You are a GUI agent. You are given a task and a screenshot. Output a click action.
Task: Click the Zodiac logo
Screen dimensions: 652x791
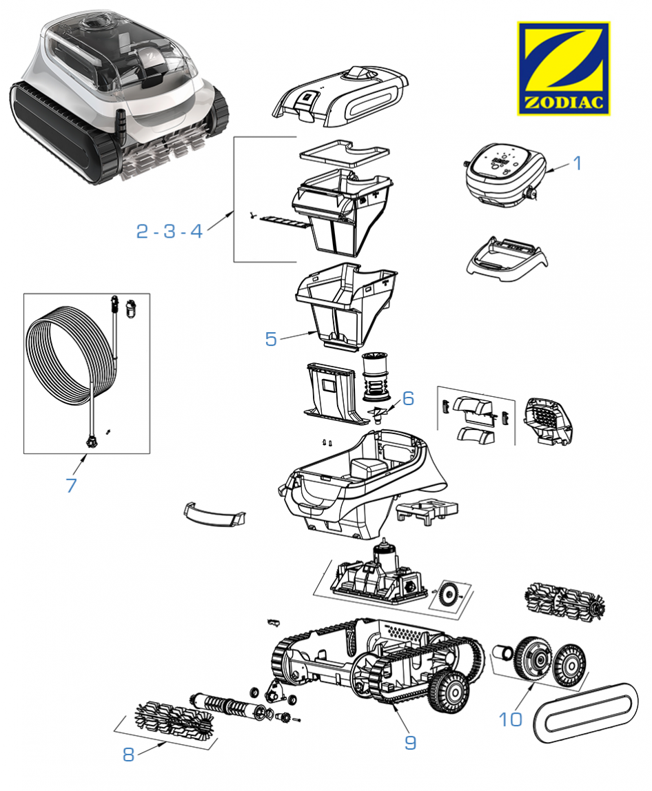pyautogui.click(x=563, y=68)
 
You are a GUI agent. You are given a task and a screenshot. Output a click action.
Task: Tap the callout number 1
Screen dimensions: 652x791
pyautogui.click(x=578, y=163)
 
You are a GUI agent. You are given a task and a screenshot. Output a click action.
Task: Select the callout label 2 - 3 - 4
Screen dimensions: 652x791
pyautogui.click(x=169, y=231)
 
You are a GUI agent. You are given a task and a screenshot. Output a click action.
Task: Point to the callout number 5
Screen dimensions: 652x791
pyautogui.click(x=271, y=339)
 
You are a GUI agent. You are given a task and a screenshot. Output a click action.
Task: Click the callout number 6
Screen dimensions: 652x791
pyautogui.click(x=408, y=398)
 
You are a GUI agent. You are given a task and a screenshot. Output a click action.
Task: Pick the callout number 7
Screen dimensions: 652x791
pyautogui.click(x=71, y=485)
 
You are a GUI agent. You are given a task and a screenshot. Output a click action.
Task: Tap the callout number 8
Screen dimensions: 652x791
pyautogui.click(x=129, y=754)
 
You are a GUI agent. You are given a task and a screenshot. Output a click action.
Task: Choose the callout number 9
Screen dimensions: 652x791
pyautogui.click(x=411, y=743)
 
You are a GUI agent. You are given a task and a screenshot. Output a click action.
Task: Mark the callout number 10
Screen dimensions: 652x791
pyautogui.click(x=510, y=719)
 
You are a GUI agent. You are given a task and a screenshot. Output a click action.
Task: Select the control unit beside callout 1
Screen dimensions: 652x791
pyautogui.click(x=505, y=176)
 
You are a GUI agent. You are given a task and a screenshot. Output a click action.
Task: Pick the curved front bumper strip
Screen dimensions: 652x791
pyautogui.click(x=214, y=515)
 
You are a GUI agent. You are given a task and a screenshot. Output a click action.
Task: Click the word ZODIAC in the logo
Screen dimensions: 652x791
pyautogui.click(x=564, y=103)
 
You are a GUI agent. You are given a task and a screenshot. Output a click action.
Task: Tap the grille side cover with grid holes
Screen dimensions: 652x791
pyautogui.click(x=547, y=421)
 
